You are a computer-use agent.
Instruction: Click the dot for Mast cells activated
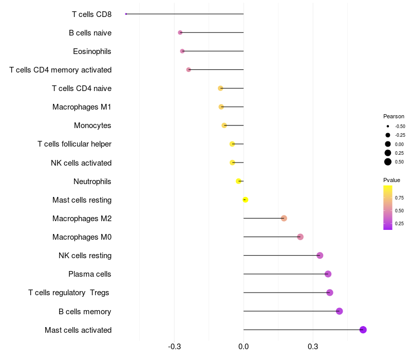(363, 330)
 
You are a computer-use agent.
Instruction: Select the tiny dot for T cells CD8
(126, 14)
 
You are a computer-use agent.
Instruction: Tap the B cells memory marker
(339, 311)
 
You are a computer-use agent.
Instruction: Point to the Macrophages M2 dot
(284, 219)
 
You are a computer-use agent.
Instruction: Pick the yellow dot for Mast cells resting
(245, 200)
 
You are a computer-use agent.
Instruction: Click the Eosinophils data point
(182, 51)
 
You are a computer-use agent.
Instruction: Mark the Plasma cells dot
(328, 274)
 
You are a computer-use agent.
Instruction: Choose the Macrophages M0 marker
(301, 237)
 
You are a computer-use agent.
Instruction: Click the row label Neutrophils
(92, 182)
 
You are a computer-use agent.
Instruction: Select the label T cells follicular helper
(74, 144)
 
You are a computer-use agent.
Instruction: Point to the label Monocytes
(92, 125)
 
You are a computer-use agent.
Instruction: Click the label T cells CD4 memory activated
(61, 70)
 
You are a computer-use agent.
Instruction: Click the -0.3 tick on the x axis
(174, 347)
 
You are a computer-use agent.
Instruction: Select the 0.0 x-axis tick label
(244, 347)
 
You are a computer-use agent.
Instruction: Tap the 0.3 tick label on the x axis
(313, 347)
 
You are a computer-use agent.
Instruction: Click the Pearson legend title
(394, 116)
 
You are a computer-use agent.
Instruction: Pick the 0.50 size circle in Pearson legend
(388, 162)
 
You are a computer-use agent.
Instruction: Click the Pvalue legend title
(391, 180)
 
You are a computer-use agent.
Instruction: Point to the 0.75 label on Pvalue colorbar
(399, 197)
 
